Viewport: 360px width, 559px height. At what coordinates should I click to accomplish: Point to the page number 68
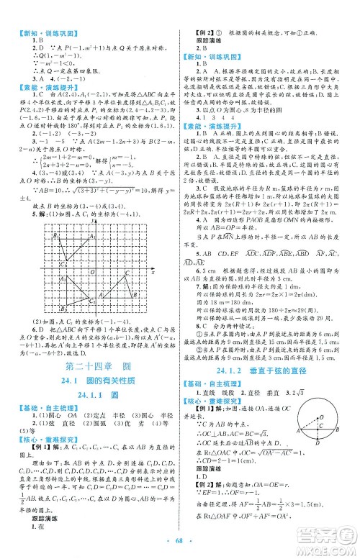(179, 541)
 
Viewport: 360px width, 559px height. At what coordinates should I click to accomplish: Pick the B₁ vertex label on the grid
(54, 236)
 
